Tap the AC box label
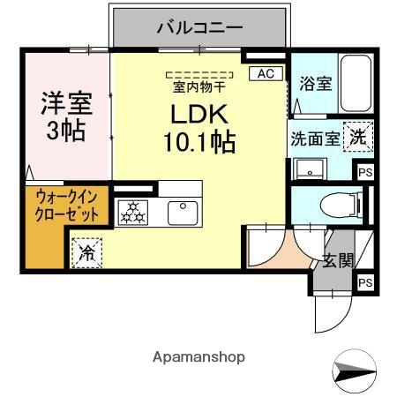[x=265, y=74]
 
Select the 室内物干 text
[x=199, y=86]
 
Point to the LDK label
[x=200, y=114]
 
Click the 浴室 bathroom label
[x=315, y=84]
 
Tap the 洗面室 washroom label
[x=314, y=138]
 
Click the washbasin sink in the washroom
[x=311, y=169]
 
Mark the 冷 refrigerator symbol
[x=88, y=252]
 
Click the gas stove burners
[x=133, y=211]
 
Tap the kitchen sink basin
[x=183, y=210]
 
